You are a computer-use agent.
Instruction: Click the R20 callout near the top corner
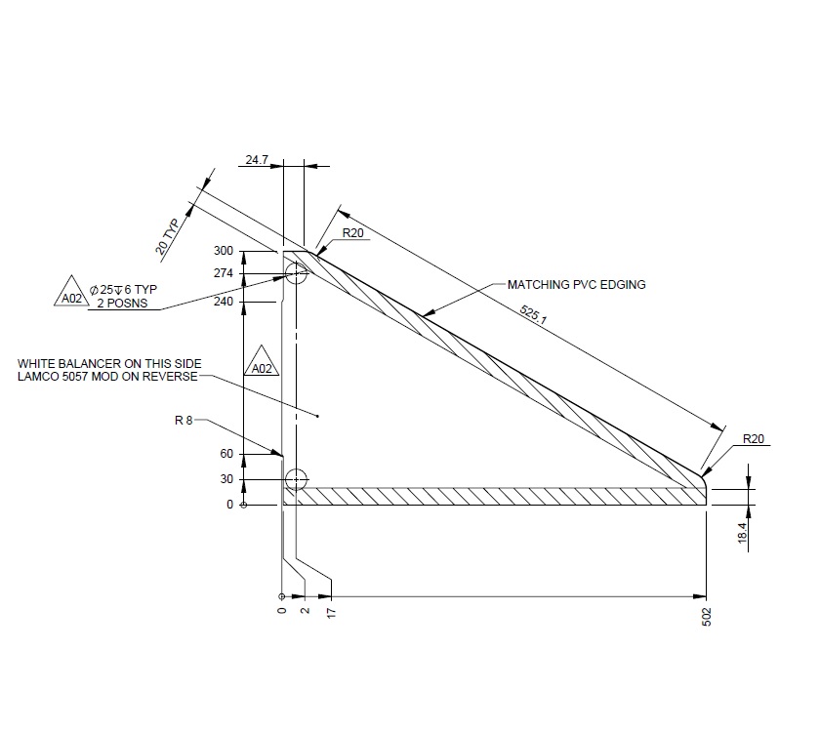point(352,234)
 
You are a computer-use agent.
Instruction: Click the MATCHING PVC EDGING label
point(576,285)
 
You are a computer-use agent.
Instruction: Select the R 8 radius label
point(184,422)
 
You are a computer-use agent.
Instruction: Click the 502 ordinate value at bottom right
point(706,619)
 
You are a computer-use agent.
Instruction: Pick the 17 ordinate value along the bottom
point(332,613)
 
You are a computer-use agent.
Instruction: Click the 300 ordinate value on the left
point(224,252)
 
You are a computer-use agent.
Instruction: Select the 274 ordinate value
point(224,274)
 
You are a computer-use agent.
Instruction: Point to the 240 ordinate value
point(224,303)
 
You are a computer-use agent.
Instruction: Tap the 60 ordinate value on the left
point(226,454)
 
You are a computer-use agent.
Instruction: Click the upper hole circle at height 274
point(296,274)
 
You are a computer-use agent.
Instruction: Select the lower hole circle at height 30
point(296,479)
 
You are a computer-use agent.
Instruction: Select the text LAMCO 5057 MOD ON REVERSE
point(107,377)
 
